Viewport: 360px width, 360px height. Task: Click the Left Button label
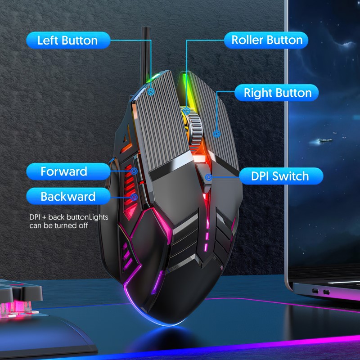click(x=68, y=40)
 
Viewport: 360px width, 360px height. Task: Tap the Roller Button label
click(x=266, y=40)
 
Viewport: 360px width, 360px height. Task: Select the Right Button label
click(x=277, y=93)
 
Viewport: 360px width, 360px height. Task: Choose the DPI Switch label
click(x=281, y=176)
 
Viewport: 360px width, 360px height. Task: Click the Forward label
click(x=68, y=171)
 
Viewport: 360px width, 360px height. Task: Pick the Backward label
click(x=68, y=196)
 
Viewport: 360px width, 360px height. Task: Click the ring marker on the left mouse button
click(x=151, y=92)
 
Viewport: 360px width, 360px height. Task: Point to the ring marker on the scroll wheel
click(x=186, y=111)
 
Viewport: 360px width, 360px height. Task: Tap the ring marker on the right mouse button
click(x=216, y=134)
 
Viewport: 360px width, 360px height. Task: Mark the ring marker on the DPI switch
click(x=208, y=177)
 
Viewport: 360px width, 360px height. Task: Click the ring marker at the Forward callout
click(x=134, y=171)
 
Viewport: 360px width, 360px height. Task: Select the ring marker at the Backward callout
click(x=134, y=197)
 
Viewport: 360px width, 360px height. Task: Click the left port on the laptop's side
click(x=315, y=291)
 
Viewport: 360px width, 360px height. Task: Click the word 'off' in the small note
click(x=83, y=226)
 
